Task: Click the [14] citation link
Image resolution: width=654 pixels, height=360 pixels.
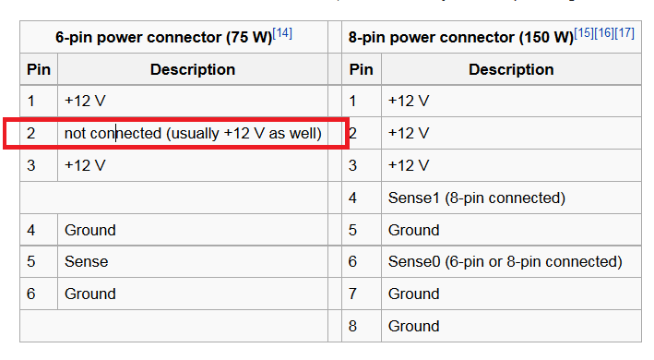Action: coord(282,33)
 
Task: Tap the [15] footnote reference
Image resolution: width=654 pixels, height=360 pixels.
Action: coord(584,33)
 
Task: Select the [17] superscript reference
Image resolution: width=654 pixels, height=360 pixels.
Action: coord(624,33)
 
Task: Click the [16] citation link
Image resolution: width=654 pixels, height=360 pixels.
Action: coord(604,33)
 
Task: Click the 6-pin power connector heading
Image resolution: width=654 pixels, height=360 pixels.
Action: coord(164,38)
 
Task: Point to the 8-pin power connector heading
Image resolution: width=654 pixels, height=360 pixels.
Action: coord(461,38)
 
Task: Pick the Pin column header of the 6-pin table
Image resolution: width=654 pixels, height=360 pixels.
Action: coord(39,69)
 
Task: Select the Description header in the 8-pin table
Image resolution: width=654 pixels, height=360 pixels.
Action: coord(511,69)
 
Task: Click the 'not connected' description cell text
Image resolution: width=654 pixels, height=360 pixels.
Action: coord(193,134)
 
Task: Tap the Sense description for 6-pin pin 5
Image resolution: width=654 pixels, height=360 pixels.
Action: coord(87,261)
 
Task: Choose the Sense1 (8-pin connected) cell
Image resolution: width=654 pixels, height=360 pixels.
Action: coord(476,198)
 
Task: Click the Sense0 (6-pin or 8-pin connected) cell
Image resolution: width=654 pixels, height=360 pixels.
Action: coord(505,261)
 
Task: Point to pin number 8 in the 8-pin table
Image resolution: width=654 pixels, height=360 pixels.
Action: coord(352,326)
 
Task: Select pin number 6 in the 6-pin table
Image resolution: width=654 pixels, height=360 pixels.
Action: coord(30,294)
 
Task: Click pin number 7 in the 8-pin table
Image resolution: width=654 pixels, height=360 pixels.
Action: coord(352,294)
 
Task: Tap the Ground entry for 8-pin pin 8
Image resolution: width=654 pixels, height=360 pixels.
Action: coord(413,326)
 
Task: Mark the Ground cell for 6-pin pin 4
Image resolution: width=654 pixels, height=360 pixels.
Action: coord(89,230)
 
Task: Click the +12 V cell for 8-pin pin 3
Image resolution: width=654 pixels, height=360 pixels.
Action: coord(409,165)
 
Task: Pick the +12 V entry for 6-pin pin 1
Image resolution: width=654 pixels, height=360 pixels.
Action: coord(85,101)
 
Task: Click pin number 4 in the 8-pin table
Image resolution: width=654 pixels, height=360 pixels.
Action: coord(352,198)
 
